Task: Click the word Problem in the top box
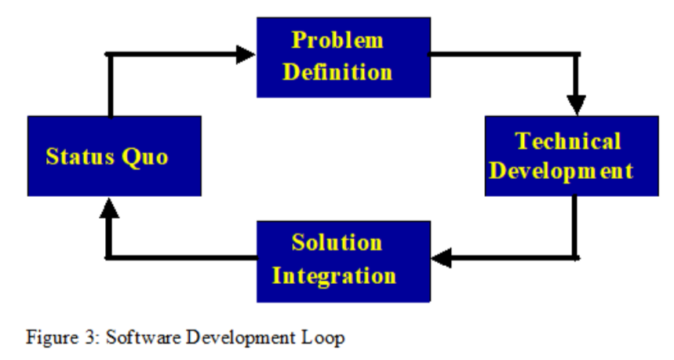337,41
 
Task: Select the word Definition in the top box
337,71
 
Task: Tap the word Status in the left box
80,156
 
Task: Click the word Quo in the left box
145,157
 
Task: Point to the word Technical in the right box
568,141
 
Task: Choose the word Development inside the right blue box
561,171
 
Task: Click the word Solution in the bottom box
337,242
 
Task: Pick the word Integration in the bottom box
334,276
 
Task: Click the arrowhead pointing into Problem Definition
246,55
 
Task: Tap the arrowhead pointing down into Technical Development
577,105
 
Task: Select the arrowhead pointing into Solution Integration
441,258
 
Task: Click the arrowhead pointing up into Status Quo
110,208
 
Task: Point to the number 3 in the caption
92,337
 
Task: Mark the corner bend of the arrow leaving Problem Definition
577,55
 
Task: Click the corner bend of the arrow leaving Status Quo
110,55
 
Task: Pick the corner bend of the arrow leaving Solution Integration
110,258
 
